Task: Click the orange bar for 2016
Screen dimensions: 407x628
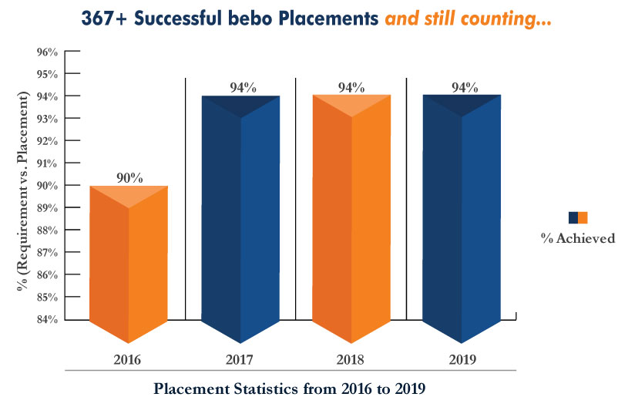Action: point(129,262)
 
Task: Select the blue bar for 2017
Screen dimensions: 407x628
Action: point(240,216)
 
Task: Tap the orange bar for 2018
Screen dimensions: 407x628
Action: point(351,216)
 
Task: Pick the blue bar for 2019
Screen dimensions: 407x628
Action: point(462,216)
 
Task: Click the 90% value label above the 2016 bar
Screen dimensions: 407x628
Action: point(129,177)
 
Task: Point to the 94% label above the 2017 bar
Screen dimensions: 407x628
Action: point(242,87)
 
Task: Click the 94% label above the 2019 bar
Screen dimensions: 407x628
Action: point(464,87)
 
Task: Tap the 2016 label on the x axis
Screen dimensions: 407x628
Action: point(129,358)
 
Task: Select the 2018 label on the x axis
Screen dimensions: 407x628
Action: point(351,358)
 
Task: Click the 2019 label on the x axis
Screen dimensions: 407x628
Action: point(462,358)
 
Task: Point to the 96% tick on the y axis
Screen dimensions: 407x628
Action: point(47,52)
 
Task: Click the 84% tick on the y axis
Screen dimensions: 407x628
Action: point(47,319)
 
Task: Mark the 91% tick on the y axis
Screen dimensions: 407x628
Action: point(47,163)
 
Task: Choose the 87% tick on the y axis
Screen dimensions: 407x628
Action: point(47,252)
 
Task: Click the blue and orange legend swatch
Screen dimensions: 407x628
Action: point(577,217)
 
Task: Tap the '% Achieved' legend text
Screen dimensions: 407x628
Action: point(577,238)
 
